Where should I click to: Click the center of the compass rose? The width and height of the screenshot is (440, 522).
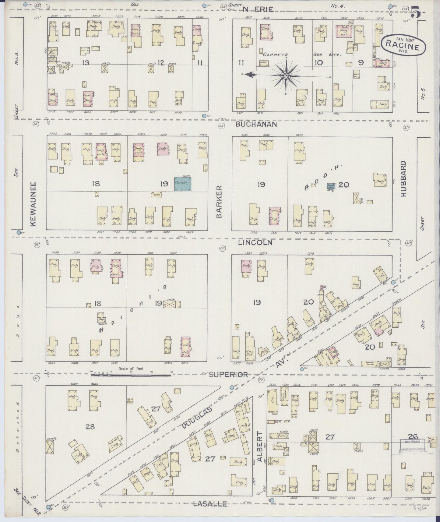tap(286, 75)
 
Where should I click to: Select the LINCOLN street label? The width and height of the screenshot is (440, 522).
tap(255, 243)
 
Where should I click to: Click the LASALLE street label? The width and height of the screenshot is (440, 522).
tap(210, 504)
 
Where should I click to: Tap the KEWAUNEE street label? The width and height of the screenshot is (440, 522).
tap(33, 204)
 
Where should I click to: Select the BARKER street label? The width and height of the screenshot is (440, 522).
tap(219, 202)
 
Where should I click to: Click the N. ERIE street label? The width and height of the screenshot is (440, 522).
tap(258, 9)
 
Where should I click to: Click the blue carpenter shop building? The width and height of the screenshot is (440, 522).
tap(183, 184)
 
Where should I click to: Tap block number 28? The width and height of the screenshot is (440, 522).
tap(90, 427)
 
